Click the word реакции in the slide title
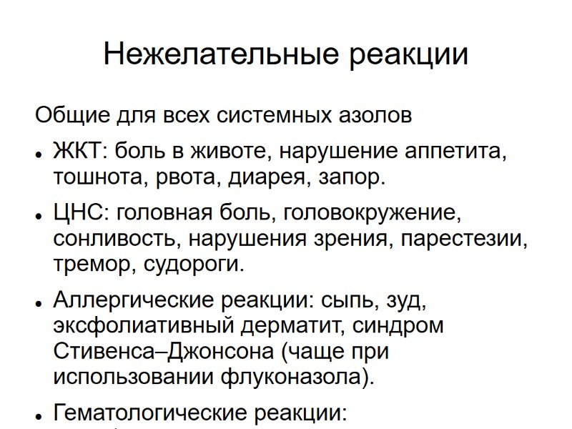[408, 54]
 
